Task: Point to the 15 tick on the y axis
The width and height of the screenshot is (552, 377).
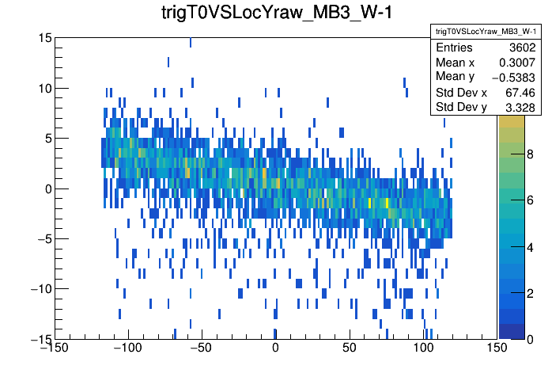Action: point(43,38)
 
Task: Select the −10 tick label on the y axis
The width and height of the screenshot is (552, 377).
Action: point(40,288)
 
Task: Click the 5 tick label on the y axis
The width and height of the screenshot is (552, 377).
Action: point(47,138)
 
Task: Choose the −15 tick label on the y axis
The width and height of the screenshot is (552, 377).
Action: point(40,338)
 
